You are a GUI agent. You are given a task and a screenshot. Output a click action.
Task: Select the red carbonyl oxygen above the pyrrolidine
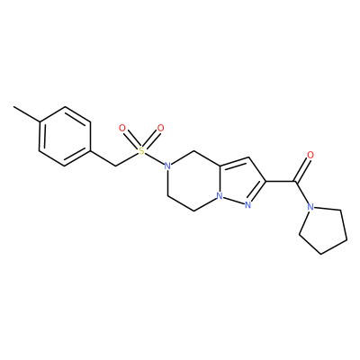tap(310, 155)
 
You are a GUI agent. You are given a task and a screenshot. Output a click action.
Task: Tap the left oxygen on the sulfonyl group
tap(121, 129)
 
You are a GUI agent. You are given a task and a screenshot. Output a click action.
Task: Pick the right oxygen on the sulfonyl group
tap(161, 129)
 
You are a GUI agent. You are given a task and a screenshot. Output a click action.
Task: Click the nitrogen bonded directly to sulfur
tap(168, 166)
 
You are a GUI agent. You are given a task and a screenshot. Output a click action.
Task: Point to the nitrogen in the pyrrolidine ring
tap(310, 207)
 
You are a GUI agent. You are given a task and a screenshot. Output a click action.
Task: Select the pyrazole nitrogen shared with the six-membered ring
tap(220, 196)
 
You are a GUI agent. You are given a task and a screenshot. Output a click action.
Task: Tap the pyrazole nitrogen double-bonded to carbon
tap(247, 205)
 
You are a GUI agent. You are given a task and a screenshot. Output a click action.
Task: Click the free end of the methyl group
tap(13, 106)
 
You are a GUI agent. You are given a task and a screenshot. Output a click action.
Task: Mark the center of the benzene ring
tap(65, 136)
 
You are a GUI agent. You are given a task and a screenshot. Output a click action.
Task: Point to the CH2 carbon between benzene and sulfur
tap(115, 166)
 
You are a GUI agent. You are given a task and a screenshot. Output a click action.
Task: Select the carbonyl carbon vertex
tap(295, 181)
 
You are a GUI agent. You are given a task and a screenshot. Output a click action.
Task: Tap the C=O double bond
tap(302, 169)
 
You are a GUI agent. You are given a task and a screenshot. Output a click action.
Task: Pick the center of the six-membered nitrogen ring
tap(193, 181)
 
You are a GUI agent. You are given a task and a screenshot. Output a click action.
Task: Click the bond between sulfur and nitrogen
tap(155, 158)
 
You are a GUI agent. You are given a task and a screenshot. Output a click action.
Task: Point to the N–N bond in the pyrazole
tap(234, 201)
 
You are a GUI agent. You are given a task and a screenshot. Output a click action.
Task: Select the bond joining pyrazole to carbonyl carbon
tap(281, 181)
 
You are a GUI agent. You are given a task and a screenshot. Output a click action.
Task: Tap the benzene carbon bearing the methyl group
tap(40, 121)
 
